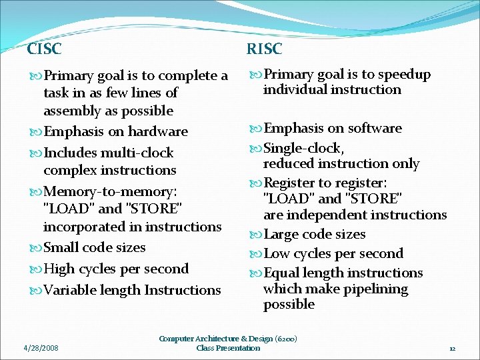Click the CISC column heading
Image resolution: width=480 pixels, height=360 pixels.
click(x=44, y=49)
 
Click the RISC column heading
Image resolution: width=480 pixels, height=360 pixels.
click(x=264, y=49)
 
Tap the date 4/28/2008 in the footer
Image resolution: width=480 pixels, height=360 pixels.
click(x=41, y=348)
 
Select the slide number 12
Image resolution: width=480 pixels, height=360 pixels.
click(x=451, y=349)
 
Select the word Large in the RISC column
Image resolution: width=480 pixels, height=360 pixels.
click(x=282, y=234)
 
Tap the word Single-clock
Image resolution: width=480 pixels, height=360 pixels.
click(x=304, y=147)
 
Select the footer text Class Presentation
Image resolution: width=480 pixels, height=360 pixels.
click(x=228, y=348)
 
